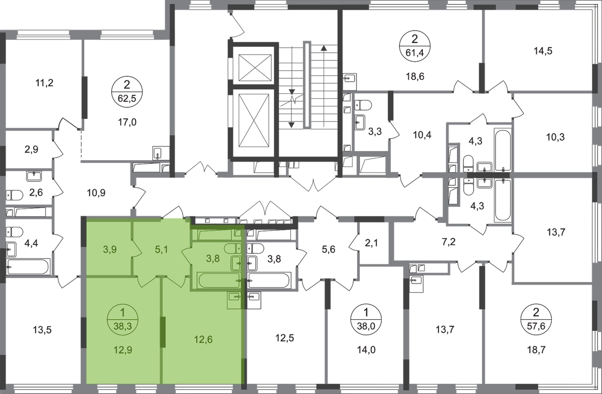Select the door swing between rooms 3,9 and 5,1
tap(132, 249)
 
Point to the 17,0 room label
tap(123, 121)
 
